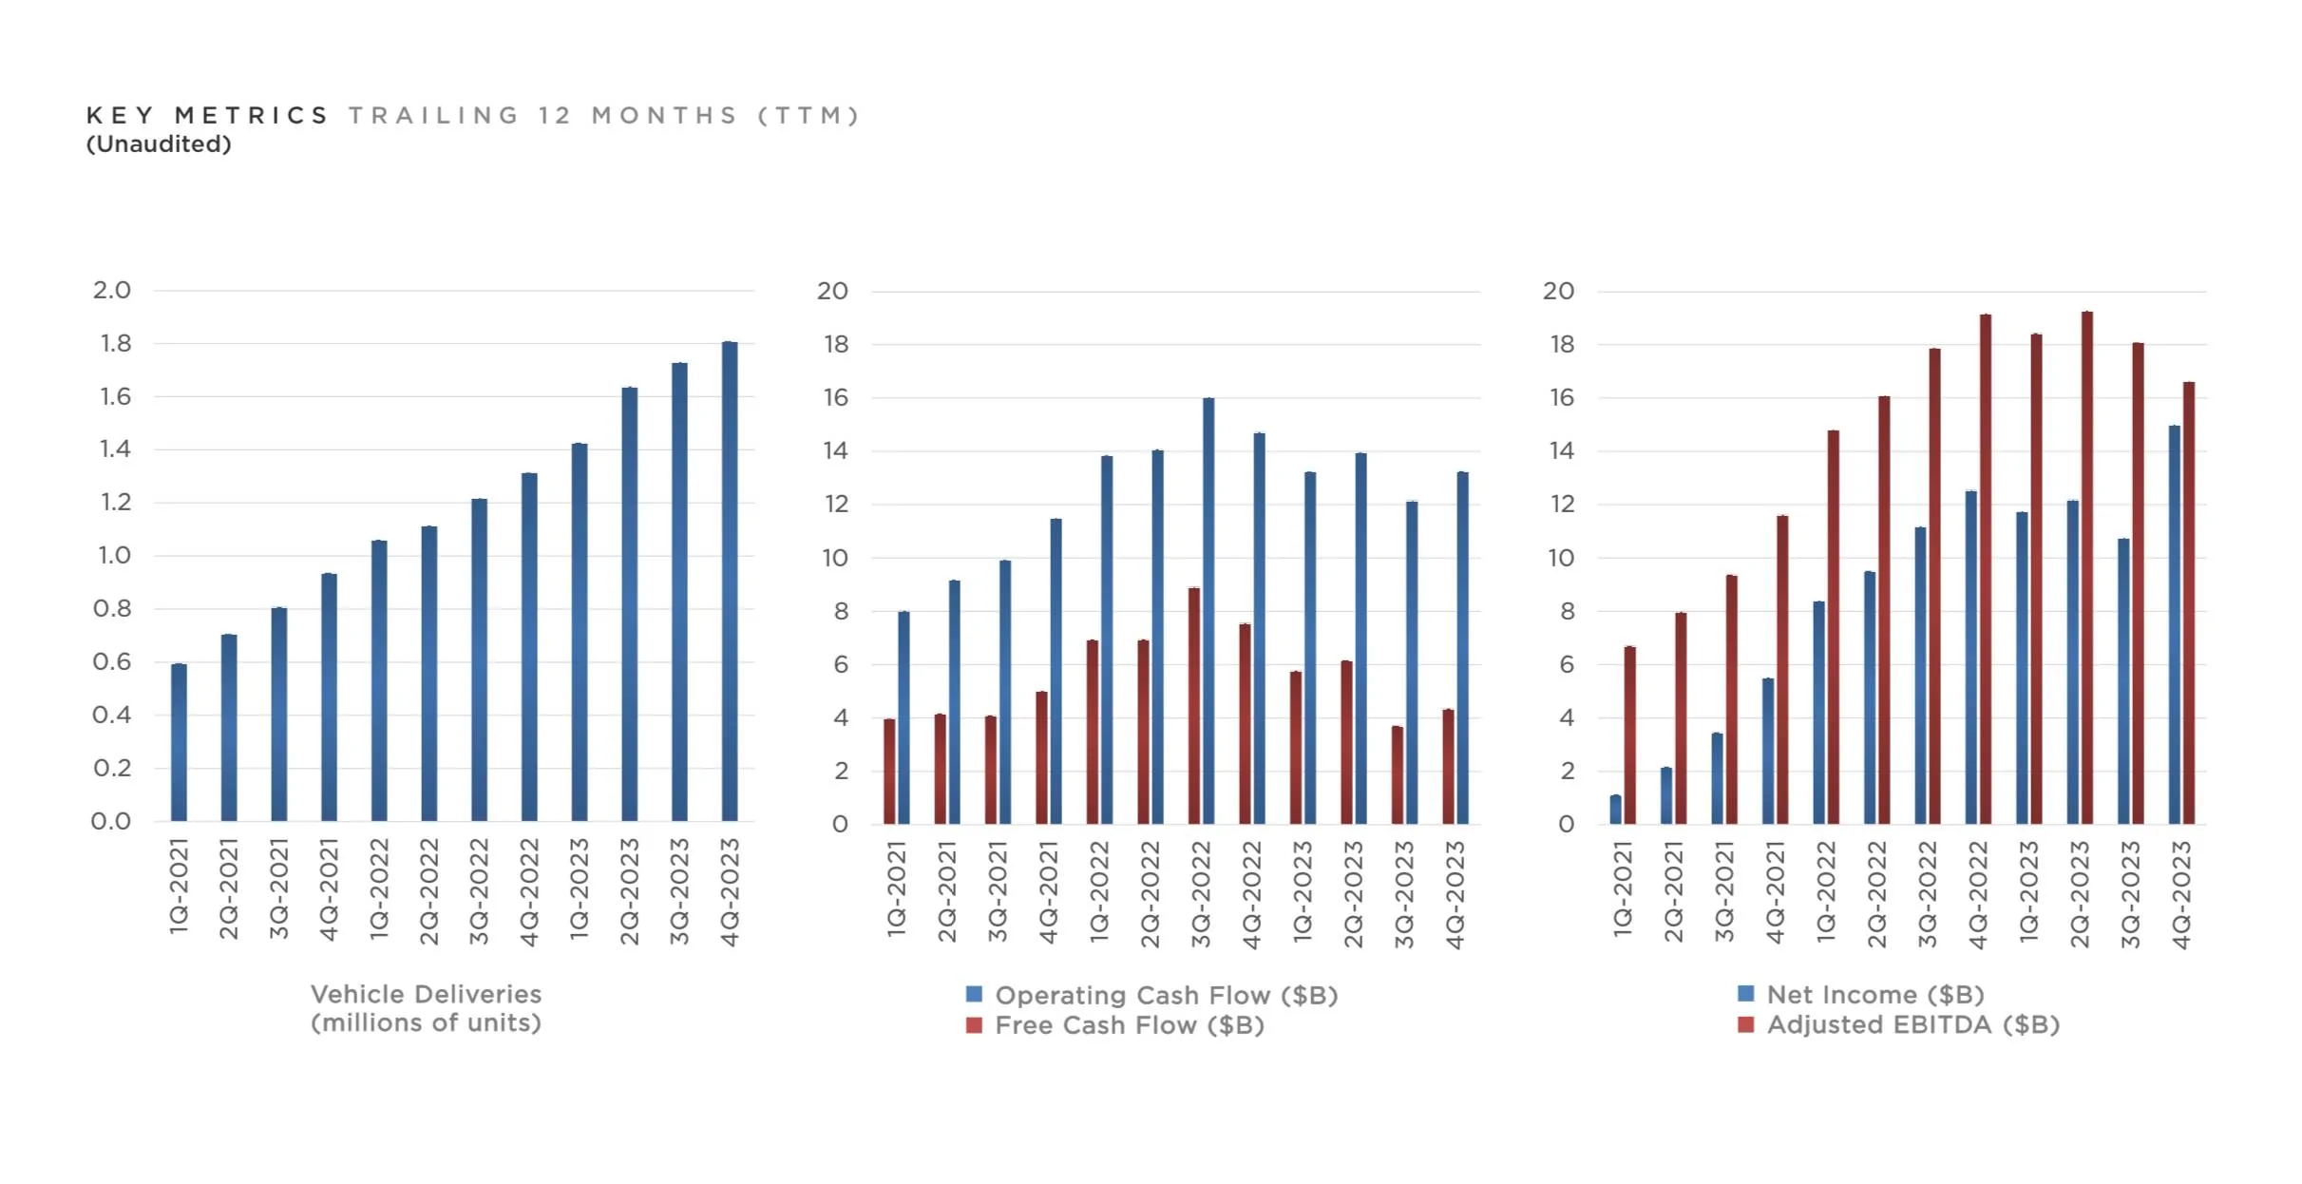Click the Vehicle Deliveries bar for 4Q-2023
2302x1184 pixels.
click(730, 581)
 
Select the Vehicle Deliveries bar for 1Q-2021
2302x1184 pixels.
click(179, 742)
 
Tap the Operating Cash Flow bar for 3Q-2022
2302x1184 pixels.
click(1208, 610)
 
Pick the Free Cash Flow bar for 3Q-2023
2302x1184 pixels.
click(1398, 774)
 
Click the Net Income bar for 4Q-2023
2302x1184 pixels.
click(2175, 624)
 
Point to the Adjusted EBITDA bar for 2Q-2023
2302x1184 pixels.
click(2087, 567)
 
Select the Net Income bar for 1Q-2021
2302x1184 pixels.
click(1616, 809)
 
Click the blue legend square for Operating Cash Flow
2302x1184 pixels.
click(974, 994)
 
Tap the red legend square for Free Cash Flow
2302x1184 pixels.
click(974, 1025)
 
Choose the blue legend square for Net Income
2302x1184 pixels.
click(1746, 993)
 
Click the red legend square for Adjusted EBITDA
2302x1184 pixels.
click(1746, 1024)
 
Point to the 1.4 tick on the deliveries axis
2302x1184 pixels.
click(115, 449)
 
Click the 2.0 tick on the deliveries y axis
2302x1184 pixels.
click(112, 290)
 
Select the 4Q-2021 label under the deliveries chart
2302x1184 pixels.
click(329, 889)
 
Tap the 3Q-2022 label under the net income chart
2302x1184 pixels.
click(1927, 894)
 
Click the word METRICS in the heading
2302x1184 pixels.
click(252, 116)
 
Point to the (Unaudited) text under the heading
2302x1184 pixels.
click(159, 144)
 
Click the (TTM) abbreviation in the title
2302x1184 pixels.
click(809, 116)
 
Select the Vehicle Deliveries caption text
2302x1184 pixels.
click(426, 1008)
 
